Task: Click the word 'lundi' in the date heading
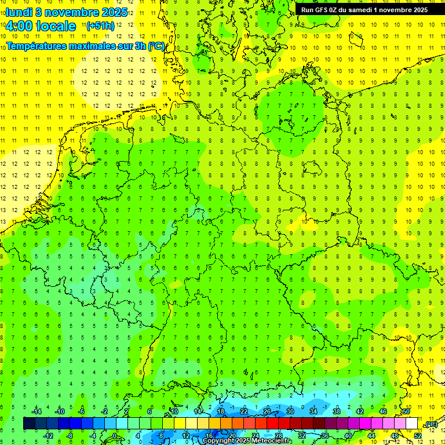(x=19, y=12)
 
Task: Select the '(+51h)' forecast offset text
(x=100, y=26)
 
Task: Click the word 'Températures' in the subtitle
(x=34, y=46)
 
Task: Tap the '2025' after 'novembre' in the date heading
(x=114, y=12)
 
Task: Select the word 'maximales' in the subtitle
(x=89, y=46)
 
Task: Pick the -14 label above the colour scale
(x=36, y=411)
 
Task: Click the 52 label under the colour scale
(x=418, y=436)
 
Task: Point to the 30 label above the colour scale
(x=290, y=411)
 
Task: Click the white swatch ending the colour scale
(x=411, y=424)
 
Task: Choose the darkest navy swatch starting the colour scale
(x=29, y=424)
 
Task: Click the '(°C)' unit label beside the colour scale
(x=431, y=425)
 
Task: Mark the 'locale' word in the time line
(x=56, y=26)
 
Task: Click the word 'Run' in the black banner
(x=307, y=9)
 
